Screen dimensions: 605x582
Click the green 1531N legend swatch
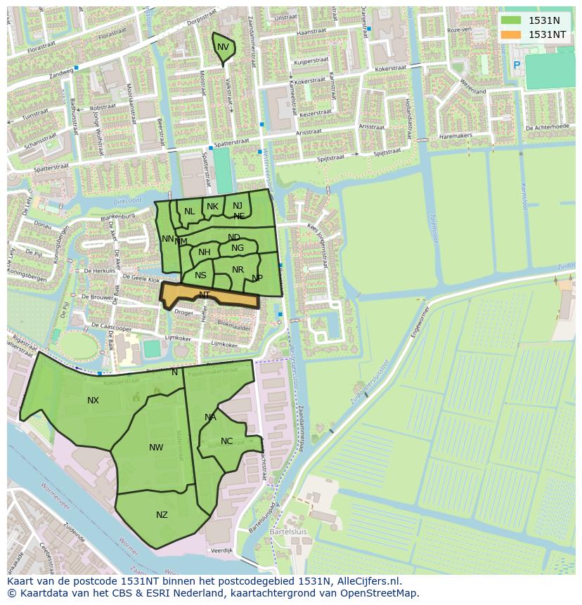[x=511, y=20]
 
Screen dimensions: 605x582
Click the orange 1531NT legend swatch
[x=511, y=34]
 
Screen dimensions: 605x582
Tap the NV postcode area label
[x=223, y=47]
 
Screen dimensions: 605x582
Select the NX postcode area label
[x=93, y=401]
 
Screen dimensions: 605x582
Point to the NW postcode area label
[x=156, y=448]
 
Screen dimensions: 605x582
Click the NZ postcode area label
[x=162, y=515]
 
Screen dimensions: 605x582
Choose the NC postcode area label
[x=226, y=441]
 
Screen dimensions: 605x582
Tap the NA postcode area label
[x=210, y=417]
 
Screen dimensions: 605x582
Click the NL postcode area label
[x=190, y=212]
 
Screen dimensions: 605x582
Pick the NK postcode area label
[x=212, y=207]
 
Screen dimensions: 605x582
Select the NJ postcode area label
[x=238, y=206]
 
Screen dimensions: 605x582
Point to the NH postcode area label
[x=204, y=252]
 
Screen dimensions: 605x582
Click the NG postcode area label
[x=238, y=248]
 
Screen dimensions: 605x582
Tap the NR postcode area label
[x=238, y=270]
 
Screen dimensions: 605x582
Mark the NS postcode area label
[x=201, y=275]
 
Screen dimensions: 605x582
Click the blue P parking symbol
[x=517, y=65]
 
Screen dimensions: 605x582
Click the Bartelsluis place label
[x=287, y=532]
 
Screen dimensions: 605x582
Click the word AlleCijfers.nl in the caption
[x=368, y=582]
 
